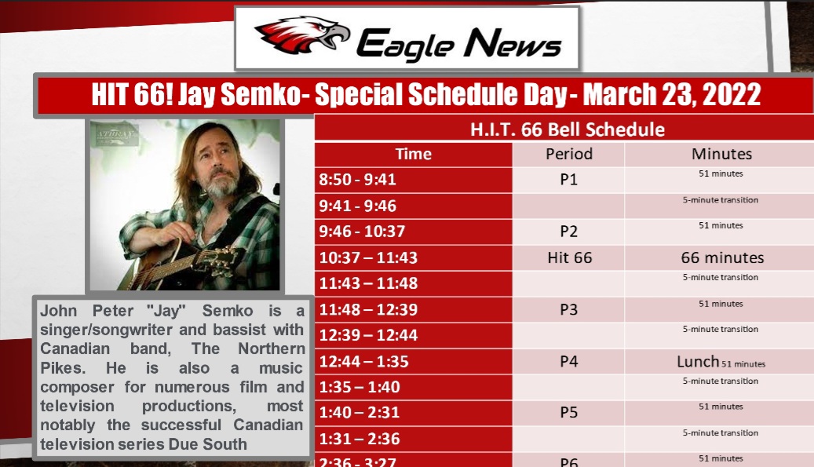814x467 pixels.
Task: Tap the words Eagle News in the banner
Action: [459, 42]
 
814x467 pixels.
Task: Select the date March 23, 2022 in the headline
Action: [672, 95]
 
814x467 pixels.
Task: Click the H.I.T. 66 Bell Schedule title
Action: [567, 130]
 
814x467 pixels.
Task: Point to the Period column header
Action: [569, 154]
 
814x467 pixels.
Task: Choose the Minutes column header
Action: [721, 154]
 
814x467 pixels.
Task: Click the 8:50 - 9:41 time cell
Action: [357, 180]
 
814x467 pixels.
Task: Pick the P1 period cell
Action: [569, 180]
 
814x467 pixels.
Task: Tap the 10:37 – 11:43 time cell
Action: [368, 257]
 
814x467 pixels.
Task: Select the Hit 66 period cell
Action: [569, 257]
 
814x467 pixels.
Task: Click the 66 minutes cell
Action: [721, 257]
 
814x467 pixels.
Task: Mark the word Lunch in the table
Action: [698, 362]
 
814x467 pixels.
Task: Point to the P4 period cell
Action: [569, 362]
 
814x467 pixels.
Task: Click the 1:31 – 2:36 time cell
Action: [360, 440]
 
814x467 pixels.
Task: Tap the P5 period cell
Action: [569, 413]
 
